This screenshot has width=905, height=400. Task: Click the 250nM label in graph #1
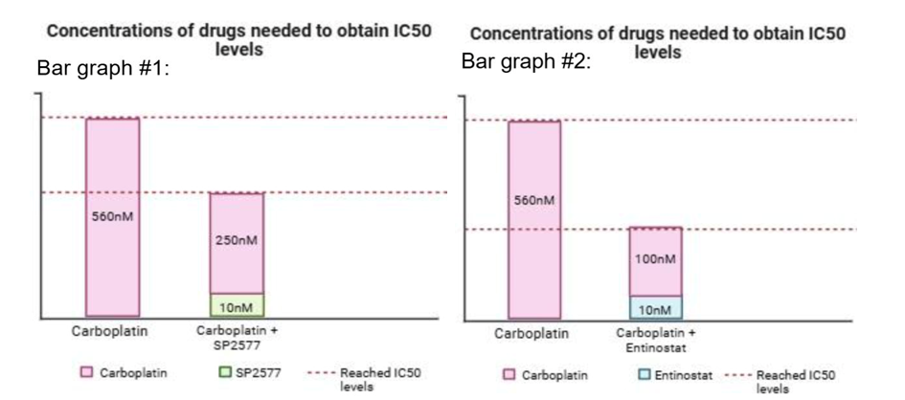coord(237,240)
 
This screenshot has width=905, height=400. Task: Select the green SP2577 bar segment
coord(237,305)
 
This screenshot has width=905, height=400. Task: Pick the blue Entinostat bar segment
coord(656,308)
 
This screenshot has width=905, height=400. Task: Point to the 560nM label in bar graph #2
coord(534,201)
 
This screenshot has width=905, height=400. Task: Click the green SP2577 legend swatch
coord(224,373)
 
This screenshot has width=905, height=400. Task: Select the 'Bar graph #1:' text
coord(102,69)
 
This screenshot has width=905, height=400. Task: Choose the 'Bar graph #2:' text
coord(527,60)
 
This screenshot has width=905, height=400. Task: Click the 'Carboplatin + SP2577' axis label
coord(237,339)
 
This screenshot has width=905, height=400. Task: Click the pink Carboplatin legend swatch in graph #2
coord(510,375)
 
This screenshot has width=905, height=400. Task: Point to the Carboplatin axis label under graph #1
coord(110,332)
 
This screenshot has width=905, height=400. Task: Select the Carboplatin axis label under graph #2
coord(531,334)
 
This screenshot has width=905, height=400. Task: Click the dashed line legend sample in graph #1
coord(319,373)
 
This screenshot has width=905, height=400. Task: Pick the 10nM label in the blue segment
coord(656,311)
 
